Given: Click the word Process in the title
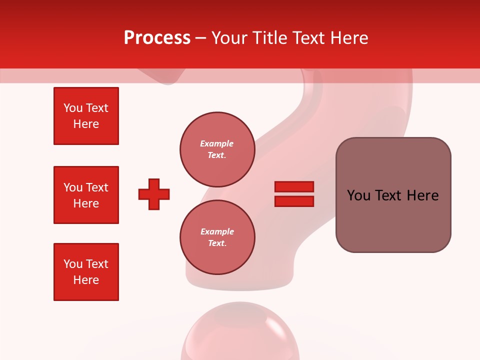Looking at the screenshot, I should [157, 38].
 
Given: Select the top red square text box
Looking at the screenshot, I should [86, 116].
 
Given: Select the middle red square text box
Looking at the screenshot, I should [86, 195].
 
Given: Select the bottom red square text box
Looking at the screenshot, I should [86, 272].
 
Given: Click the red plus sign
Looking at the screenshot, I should [154, 194].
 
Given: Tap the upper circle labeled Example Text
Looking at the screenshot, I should [217, 149].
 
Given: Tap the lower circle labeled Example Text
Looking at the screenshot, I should [217, 237].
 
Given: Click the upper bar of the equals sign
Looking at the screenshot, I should [294, 186].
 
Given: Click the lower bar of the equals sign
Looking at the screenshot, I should [294, 201].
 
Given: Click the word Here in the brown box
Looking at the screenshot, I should [422, 195].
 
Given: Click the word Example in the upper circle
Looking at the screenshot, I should [216, 143].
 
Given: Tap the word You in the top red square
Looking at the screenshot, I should [73, 108].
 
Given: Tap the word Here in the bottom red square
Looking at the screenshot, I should [86, 280].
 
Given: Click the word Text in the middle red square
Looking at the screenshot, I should [97, 187].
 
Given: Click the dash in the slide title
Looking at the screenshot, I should [201, 38].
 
